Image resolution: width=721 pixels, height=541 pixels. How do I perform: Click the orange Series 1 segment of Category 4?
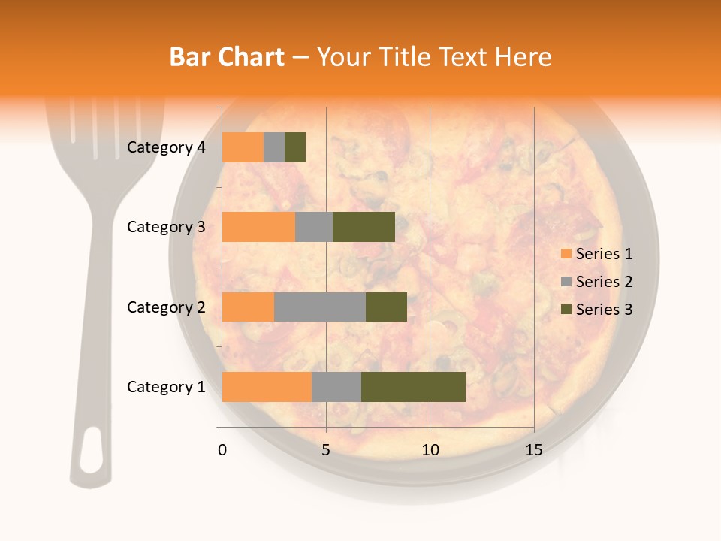243,147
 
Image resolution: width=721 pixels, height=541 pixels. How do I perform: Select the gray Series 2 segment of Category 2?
319,307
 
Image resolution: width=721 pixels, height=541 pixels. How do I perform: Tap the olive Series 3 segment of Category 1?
413,387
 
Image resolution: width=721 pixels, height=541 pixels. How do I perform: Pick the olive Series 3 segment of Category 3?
364,227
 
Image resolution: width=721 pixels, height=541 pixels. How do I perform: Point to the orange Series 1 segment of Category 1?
267,387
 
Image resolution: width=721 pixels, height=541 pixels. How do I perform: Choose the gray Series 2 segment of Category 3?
314,227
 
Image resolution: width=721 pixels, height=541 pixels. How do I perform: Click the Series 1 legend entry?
597,254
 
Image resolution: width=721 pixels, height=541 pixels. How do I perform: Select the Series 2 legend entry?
597,282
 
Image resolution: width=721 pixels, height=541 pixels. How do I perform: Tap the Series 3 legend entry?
597,310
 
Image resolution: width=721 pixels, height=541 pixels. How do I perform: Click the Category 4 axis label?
166,147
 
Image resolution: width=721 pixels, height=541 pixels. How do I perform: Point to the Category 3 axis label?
166,227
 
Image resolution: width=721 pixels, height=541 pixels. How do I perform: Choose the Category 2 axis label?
166,307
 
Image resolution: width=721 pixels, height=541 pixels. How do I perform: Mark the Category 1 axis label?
166,387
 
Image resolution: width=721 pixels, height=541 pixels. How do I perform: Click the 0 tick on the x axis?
222,450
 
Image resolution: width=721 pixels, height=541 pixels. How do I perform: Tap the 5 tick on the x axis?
326,450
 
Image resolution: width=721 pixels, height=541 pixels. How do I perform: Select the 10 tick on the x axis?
430,450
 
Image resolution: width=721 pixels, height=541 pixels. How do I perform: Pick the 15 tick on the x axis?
533,450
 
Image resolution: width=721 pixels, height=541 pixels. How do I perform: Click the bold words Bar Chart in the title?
227,57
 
